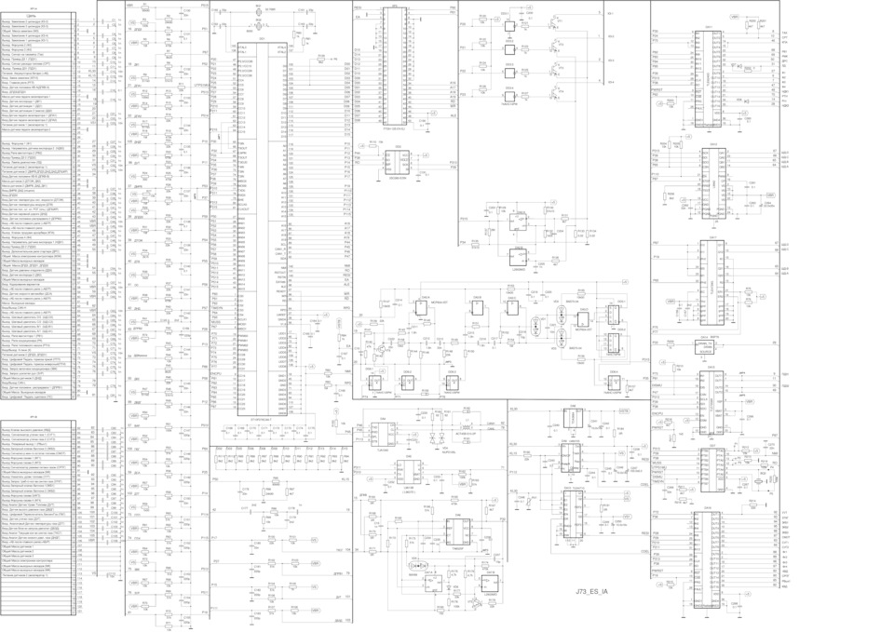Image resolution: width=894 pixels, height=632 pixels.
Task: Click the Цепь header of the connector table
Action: (33, 18)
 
